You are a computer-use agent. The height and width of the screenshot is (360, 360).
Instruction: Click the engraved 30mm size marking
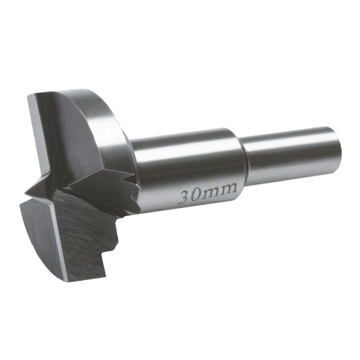208,193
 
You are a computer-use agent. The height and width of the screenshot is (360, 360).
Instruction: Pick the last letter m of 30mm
228,189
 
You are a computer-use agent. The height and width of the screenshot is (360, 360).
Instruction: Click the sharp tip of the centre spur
25,192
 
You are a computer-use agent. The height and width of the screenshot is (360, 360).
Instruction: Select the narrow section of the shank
290,154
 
